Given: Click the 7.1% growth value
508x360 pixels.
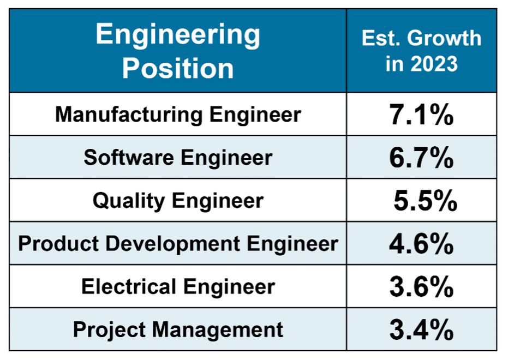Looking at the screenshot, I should pyautogui.click(x=421, y=115).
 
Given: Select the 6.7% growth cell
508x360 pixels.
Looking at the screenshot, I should pyautogui.click(x=421, y=158).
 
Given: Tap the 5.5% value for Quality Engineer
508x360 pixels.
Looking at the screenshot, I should pyautogui.click(x=425, y=201).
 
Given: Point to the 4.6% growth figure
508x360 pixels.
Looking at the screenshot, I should pyautogui.click(x=421, y=244).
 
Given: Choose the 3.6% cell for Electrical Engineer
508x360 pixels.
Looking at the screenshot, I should pyautogui.click(x=421, y=287).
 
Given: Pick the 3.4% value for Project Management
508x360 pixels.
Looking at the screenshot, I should pyautogui.click(x=421, y=329).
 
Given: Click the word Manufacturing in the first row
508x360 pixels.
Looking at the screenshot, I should pyautogui.click(x=128, y=115).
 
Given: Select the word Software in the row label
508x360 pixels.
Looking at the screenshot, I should pyautogui.click(x=129, y=158).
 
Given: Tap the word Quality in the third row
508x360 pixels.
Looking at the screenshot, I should pyautogui.click(x=128, y=201).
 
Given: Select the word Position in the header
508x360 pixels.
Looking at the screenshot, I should pyautogui.click(x=178, y=69).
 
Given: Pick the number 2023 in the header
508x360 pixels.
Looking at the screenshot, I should pyautogui.click(x=435, y=64).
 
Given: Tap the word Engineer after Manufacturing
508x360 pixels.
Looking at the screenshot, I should pyautogui.click(x=255, y=115).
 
